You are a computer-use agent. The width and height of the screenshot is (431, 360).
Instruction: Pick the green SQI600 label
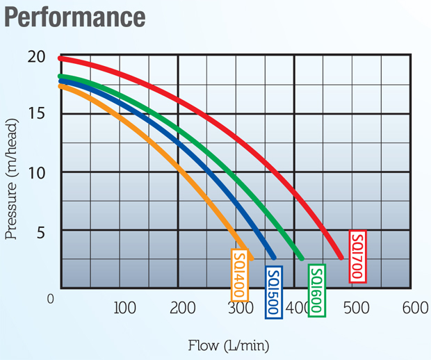316,291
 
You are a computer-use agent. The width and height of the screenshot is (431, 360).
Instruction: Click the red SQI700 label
357,256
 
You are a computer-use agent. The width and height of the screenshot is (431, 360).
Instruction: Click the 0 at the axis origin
51,299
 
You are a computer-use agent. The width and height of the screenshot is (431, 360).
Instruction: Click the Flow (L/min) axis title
228,345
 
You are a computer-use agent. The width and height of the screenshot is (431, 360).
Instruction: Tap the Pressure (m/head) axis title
13,179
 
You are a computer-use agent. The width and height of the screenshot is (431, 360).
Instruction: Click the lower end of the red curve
341,257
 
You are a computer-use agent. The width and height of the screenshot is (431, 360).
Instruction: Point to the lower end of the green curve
301,258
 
